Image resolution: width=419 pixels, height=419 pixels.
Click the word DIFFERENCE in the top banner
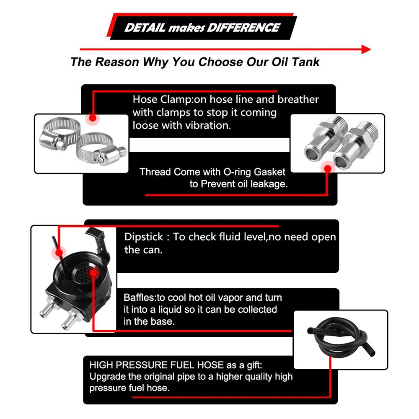tap(243, 28)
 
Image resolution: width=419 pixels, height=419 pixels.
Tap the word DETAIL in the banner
tap(145, 28)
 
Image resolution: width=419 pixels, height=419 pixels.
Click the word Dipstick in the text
tap(144, 237)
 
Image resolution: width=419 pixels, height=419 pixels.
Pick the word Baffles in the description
tap(140, 297)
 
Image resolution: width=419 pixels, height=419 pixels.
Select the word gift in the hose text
tap(255, 365)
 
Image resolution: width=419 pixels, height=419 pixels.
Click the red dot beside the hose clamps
tap(93, 118)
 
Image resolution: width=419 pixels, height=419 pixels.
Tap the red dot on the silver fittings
tap(328, 168)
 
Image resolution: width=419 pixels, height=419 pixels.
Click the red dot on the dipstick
tap(59, 253)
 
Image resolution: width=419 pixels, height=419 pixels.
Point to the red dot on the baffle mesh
tap(94, 273)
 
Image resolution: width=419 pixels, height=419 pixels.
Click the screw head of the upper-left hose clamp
tap(59, 145)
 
